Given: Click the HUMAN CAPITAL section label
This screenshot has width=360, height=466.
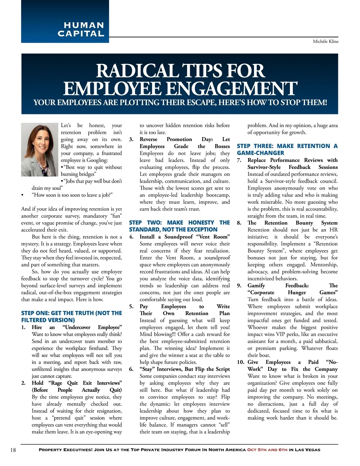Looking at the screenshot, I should pyautogui.click(x=81, y=29).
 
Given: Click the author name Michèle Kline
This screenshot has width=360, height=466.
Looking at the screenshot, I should pyautogui.click(x=325, y=41).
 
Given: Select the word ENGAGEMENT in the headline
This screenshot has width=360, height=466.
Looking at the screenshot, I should pyautogui.click(x=231, y=89).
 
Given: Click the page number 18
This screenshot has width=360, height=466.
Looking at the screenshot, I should pyautogui.click(x=13, y=450).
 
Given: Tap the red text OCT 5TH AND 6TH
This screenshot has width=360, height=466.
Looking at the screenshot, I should pyautogui.click(x=267, y=450).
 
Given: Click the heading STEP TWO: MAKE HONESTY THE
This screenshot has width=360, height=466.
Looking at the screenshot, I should pyautogui.click(x=179, y=223).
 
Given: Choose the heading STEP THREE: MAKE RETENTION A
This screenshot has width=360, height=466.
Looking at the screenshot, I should pyautogui.click(x=287, y=146).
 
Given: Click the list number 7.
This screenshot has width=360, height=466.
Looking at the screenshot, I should pyautogui.click(x=239, y=160).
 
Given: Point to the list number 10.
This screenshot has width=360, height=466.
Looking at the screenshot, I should pyautogui.click(x=241, y=362).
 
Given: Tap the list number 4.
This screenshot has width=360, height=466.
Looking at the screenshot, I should pyautogui.click(x=131, y=237).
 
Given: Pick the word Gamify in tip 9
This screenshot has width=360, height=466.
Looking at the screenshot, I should pyautogui.click(x=256, y=286).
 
